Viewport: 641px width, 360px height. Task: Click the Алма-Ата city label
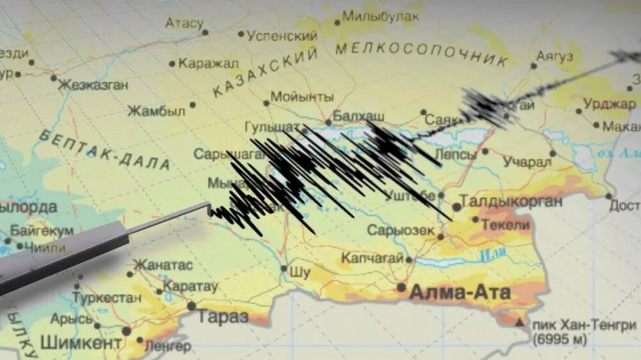click(x=460, y=293)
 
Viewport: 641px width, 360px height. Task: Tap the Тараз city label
click(x=222, y=316)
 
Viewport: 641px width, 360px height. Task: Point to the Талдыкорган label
click(x=512, y=201)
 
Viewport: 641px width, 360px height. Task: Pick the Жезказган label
click(x=94, y=85)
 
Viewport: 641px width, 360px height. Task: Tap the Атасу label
click(x=184, y=24)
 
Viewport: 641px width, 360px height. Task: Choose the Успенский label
click(x=282, y=36)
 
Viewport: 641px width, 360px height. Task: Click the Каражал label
click(x=208, y=63)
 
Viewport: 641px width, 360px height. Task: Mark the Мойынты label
click(x=302, y=97)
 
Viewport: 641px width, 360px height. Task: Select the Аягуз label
click(x=555, y=56)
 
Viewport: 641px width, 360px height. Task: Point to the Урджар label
click(x=610, y=103)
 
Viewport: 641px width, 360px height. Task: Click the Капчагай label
click(x=372, y=258)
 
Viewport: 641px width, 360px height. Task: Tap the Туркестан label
click(x=106, y=298)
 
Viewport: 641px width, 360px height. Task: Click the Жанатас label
click(x=162, y=265)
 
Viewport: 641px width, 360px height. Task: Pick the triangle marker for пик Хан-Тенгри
click(x=519, y=322)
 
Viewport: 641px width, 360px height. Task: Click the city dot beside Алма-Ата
click(x=401, y=288)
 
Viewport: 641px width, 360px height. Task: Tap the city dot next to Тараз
click(x=191, y=306)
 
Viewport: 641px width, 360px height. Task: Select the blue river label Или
click(x=488, y=255)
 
